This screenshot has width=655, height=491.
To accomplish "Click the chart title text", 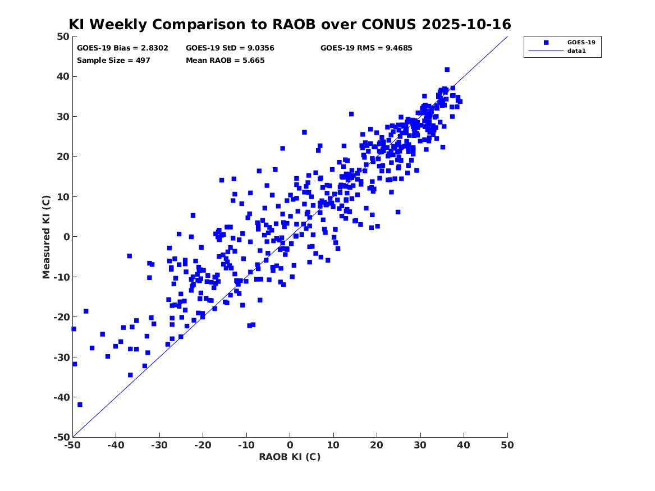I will click(290, 25).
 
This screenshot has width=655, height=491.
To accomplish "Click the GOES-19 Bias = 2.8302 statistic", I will click(122, 48).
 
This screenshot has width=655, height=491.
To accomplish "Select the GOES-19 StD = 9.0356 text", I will click(230, 48).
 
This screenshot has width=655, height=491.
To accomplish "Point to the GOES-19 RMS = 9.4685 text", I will click(366, 48).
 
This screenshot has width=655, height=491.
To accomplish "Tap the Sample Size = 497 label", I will click(113, 60).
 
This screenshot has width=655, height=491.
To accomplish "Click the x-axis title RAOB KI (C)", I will click(290, 457).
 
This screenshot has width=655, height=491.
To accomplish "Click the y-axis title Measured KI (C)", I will click(47, 237).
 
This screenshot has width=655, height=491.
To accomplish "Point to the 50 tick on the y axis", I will click(63, 37).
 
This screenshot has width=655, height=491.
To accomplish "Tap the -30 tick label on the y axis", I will click(61, 357).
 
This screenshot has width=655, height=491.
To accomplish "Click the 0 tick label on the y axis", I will click(66, 237).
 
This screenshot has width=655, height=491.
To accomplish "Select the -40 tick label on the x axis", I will click(116, 445).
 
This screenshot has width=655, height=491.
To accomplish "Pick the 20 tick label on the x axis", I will click(377, 445).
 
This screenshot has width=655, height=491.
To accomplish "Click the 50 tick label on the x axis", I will click(507, 445).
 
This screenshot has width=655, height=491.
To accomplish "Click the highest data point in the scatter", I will click(447, 70).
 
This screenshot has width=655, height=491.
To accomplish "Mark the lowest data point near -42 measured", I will click(80, 405).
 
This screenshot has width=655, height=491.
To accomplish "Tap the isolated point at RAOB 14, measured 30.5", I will click(351, 114).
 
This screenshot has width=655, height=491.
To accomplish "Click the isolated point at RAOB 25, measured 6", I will click(398, 212).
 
